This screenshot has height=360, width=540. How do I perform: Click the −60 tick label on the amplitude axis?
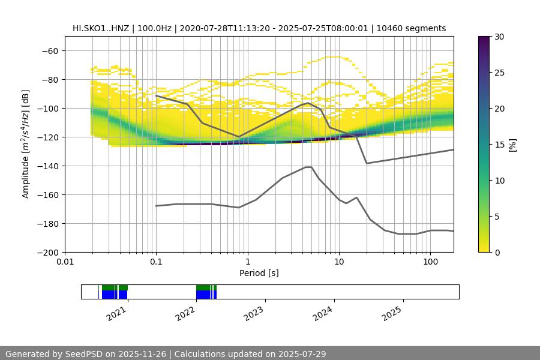[49, 50]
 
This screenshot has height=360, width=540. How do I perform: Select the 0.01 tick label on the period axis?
[65, 262]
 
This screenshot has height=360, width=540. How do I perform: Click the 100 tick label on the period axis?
[430, 262]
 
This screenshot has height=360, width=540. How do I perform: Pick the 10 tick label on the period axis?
[338, 262]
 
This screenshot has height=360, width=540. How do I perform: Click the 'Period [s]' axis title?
[259, 273]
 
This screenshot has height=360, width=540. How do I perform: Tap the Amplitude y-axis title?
[26, 144]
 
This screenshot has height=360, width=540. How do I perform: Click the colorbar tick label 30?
[499, 37]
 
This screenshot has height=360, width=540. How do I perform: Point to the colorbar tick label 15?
[499, 145]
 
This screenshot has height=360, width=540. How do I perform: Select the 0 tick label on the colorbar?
[496, 252]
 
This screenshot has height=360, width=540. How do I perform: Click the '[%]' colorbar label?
[512, 145]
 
